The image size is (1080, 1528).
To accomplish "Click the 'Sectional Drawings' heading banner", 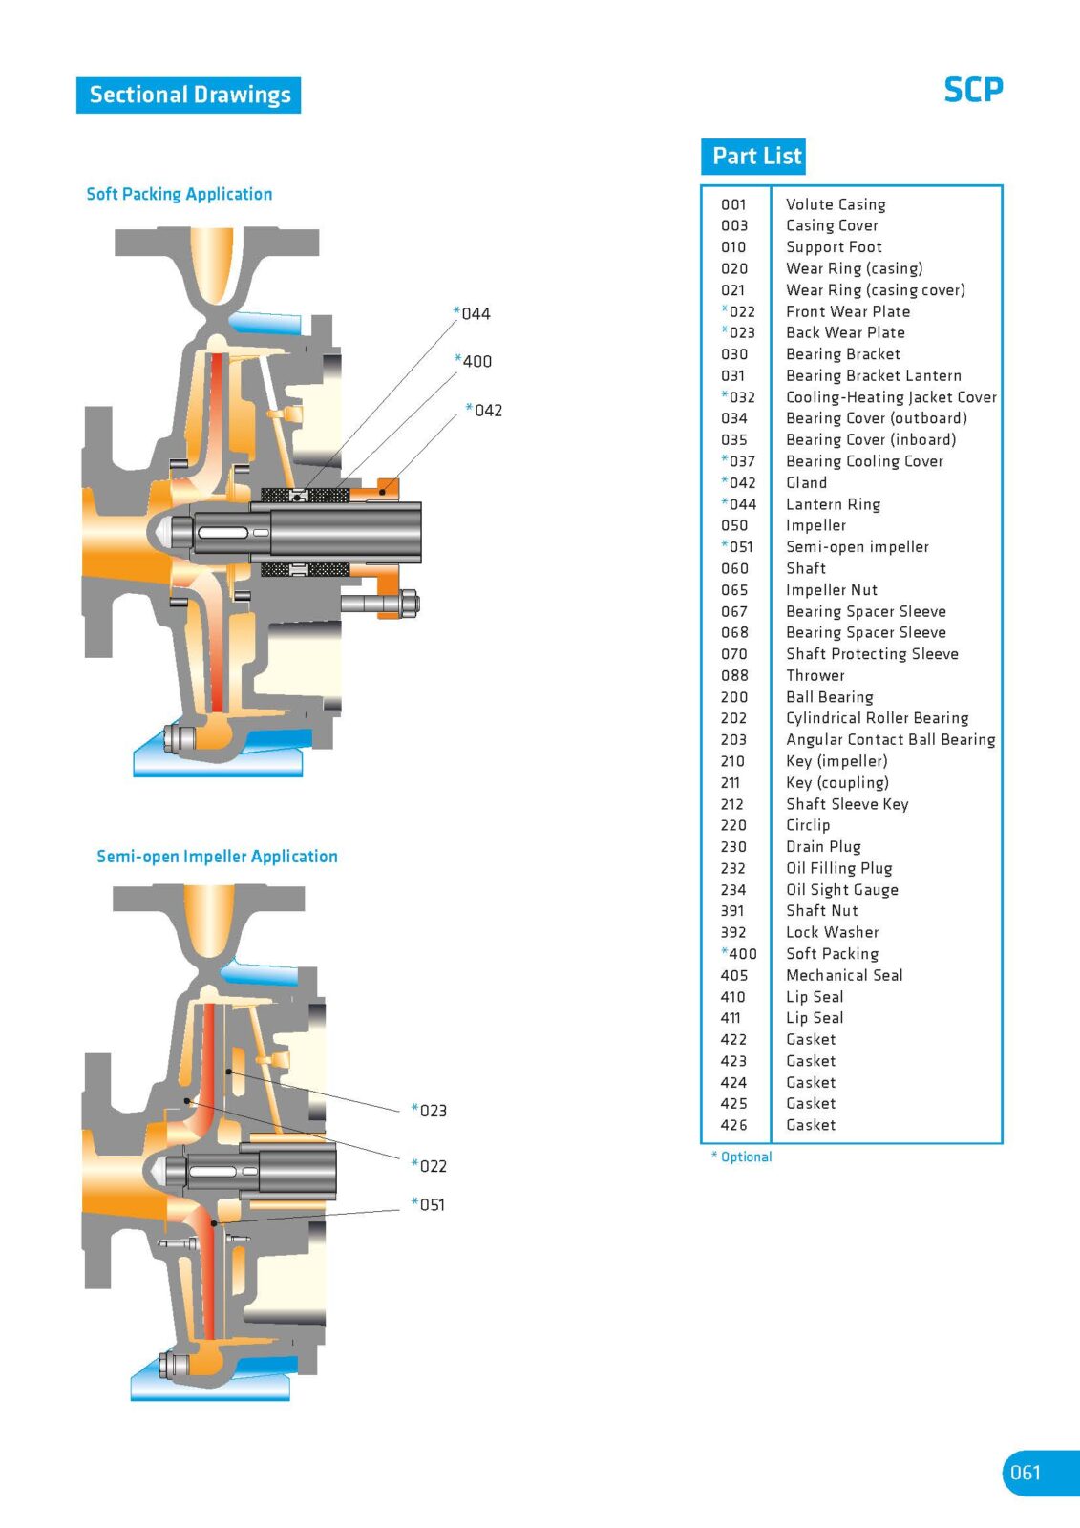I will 189,95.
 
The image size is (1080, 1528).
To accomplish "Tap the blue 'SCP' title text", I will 973,90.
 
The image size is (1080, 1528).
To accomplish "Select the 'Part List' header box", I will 754,156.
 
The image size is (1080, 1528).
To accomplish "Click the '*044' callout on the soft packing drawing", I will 473,313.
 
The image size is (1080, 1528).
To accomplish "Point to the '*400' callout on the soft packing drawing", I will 474,361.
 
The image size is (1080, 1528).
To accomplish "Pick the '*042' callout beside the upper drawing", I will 485,410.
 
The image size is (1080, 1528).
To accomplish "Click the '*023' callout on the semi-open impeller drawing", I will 430,1110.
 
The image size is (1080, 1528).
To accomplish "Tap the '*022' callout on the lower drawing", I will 430,1165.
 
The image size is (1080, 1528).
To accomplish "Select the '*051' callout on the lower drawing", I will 429,1204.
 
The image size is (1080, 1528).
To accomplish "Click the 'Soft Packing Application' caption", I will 180,194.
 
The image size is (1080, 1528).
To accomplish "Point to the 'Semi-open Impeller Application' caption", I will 217,857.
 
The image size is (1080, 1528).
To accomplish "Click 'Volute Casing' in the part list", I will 836,204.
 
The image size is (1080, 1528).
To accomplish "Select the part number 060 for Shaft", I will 734,568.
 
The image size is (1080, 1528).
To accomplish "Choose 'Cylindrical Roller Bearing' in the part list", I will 877,718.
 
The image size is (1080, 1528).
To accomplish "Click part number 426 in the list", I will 733,1125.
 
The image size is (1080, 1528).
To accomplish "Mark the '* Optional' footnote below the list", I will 742,1157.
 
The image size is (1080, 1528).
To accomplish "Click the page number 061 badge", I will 1027,1473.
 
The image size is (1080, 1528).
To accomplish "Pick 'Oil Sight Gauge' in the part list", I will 841,889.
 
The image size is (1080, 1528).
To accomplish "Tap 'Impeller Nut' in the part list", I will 831,590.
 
